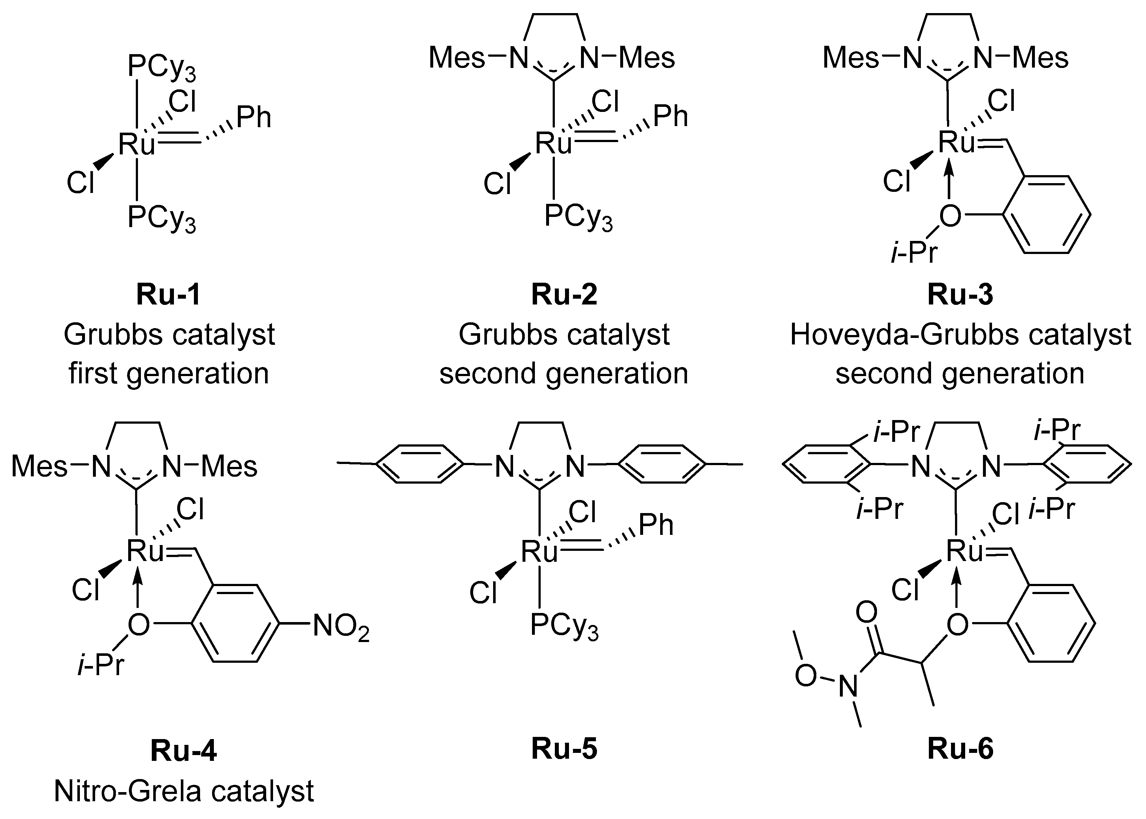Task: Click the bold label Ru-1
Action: pos(168,295)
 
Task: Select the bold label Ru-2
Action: pos(564,295)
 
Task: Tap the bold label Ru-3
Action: pos(960,295)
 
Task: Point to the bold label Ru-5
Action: pos(564,749)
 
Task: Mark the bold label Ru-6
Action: pos(960,749)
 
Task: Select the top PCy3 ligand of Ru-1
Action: pos(161,68)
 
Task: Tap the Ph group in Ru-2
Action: pos(670,117)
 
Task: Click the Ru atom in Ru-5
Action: pos(539,551)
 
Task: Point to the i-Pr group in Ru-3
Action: pos(914,252)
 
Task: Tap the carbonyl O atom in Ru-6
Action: pos(866,613)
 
